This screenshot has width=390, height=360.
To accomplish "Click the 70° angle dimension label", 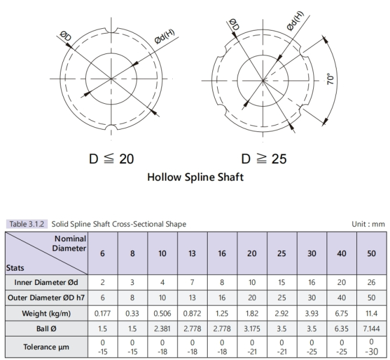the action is [x=330, y=79].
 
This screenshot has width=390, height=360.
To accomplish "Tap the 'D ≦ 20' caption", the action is [x=112, y=159].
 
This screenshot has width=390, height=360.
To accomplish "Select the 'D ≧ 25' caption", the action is [x=264, y=159].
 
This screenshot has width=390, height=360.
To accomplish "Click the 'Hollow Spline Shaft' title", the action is [x=196, y=177].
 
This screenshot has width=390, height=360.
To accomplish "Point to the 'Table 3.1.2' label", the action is [x=26, y=224].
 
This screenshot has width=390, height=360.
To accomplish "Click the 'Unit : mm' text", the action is [x=368, y=224].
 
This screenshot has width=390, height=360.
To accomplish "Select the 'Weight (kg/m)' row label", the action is [x=46, y=313].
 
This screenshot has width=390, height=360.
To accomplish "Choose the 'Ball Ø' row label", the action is [x=46, y=329].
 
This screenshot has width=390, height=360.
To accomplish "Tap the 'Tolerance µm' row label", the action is [x=46, y=347].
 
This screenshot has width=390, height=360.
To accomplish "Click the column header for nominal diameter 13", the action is [x=192, y=253].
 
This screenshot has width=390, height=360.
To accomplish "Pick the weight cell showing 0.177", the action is [x=103, y=313].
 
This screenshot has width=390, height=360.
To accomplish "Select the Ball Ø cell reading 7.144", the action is [x=371, y=329].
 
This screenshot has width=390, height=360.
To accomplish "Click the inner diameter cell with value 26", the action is [x=371, y=283].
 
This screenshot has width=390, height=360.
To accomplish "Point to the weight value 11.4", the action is [x=371, y=313].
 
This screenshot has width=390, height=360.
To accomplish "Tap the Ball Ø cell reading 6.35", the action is [x=341, y=329].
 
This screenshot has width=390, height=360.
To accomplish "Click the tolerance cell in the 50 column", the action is [x=371, y=347].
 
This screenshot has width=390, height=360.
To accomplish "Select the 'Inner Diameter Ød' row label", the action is [x=46, y=283].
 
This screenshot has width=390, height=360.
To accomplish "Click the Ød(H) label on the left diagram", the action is [x=164, y=37].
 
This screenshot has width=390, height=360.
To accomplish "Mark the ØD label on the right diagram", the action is [x=234, y=25].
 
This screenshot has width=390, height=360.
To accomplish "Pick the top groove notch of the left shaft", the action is [x=111, y=31].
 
